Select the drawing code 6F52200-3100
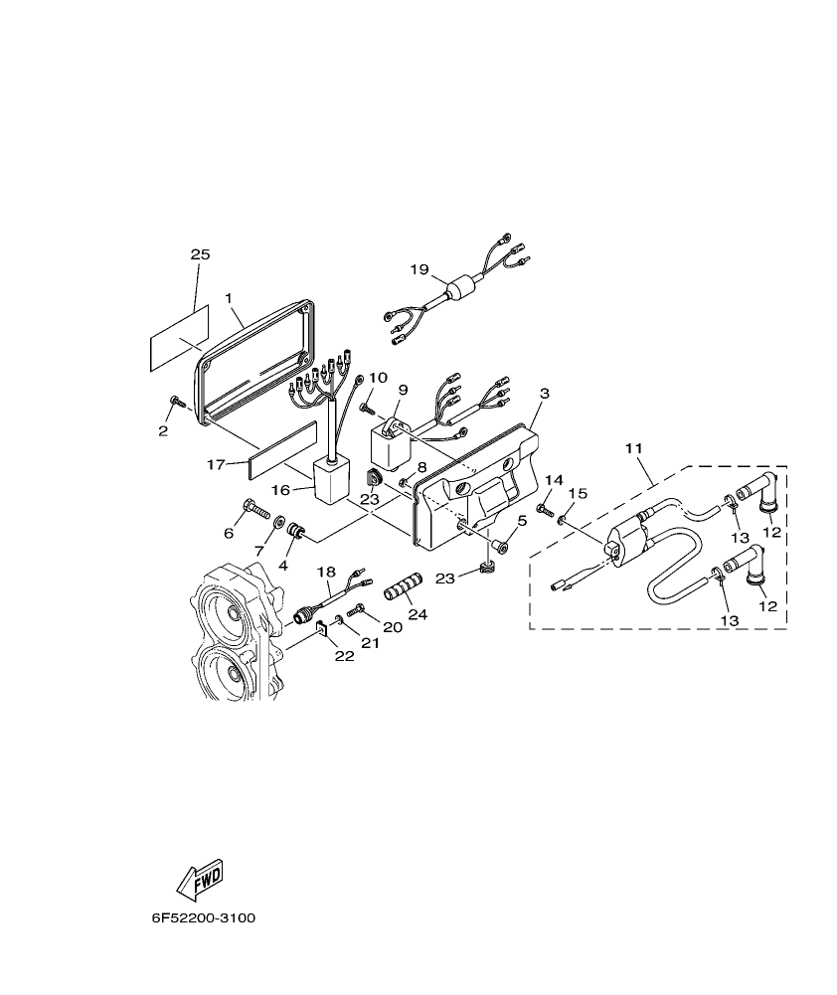(x=203, y=918)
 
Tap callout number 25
(x=200, y=255)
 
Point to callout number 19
(x=419, y=269)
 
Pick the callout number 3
(x=544, y=394)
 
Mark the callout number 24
(x=418, y=614)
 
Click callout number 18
(x=327, y=572)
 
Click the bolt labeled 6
(x=256, y=513)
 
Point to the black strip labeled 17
(x=284, y=449)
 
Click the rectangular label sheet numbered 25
(x=180, y=338)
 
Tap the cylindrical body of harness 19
(x=460, y=291)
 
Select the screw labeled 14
(x=546, y=509)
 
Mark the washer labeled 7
(x=280, y=522)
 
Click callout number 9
(x=403, y=391)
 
